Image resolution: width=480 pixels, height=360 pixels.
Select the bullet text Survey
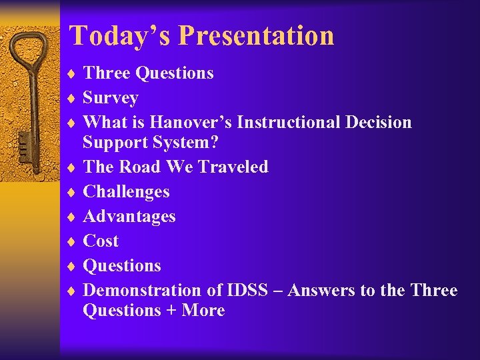[x=110, y=98]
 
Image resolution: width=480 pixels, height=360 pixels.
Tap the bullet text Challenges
[x=126, y=192]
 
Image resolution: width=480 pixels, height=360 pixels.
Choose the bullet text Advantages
[x=129, y=217]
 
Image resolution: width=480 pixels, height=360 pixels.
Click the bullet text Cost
[x=100, y=241]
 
